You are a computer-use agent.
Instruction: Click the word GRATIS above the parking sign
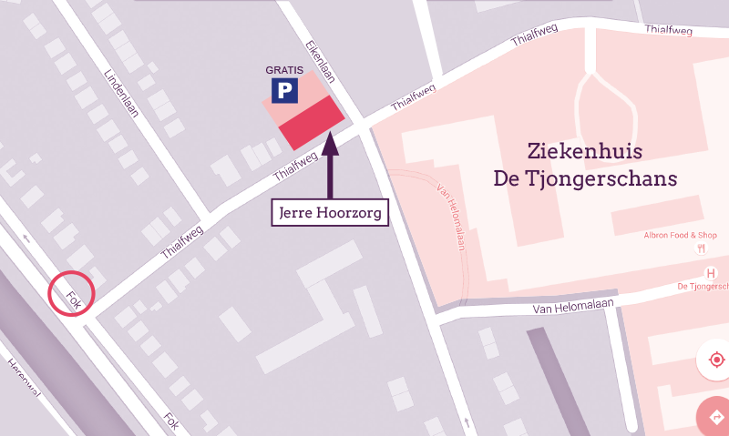coord(284,70)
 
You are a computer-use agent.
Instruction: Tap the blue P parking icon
coord(284,90)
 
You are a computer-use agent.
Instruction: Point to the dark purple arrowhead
coord(330,141)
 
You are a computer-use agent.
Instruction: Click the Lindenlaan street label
coord(121,95)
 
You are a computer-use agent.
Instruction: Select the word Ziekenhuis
coord(585,151)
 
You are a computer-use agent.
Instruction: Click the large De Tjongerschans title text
coord(585,178)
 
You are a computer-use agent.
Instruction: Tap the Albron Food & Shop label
coord(679,235)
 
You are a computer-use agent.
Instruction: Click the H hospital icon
coord(711,274)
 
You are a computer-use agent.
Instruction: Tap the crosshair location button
coord(716,360)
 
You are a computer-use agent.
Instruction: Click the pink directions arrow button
coord(716,417)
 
